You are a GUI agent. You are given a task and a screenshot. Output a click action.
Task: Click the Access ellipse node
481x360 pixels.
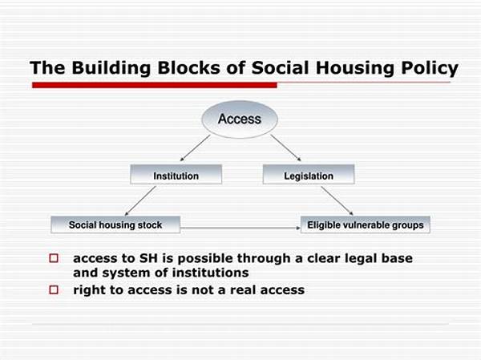240,119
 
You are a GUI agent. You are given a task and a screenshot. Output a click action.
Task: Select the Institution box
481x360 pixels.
176,174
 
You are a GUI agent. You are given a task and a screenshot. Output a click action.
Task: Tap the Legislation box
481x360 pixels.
309,174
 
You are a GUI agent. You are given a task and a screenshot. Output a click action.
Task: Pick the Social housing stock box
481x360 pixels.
115,224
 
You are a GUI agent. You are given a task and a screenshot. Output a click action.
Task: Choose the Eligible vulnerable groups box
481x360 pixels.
366,224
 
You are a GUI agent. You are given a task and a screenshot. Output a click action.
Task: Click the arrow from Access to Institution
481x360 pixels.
195,148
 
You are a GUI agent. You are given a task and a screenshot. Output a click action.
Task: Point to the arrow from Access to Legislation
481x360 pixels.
285,148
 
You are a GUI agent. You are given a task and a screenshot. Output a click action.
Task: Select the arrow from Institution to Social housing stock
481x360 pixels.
140,201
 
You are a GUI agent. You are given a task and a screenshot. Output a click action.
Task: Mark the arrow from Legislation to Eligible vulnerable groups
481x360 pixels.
338,201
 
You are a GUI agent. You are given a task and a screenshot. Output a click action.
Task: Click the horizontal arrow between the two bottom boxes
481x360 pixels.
240,228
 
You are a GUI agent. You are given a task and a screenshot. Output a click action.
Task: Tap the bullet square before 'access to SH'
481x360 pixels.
54,258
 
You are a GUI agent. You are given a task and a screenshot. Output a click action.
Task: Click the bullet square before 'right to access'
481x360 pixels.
54,289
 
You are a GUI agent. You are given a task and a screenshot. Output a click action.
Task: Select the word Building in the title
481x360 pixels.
111,68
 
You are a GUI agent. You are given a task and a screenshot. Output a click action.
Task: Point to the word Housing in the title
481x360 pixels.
355,68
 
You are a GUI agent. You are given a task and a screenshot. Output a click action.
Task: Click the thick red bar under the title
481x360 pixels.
155,85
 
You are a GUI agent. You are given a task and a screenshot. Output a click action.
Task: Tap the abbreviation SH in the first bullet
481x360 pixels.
148,258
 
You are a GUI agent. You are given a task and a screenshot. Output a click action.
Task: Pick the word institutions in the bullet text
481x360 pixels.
210,273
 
